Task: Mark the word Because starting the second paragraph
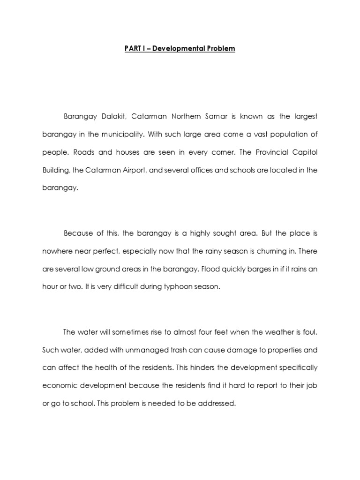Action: click(78, 233)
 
